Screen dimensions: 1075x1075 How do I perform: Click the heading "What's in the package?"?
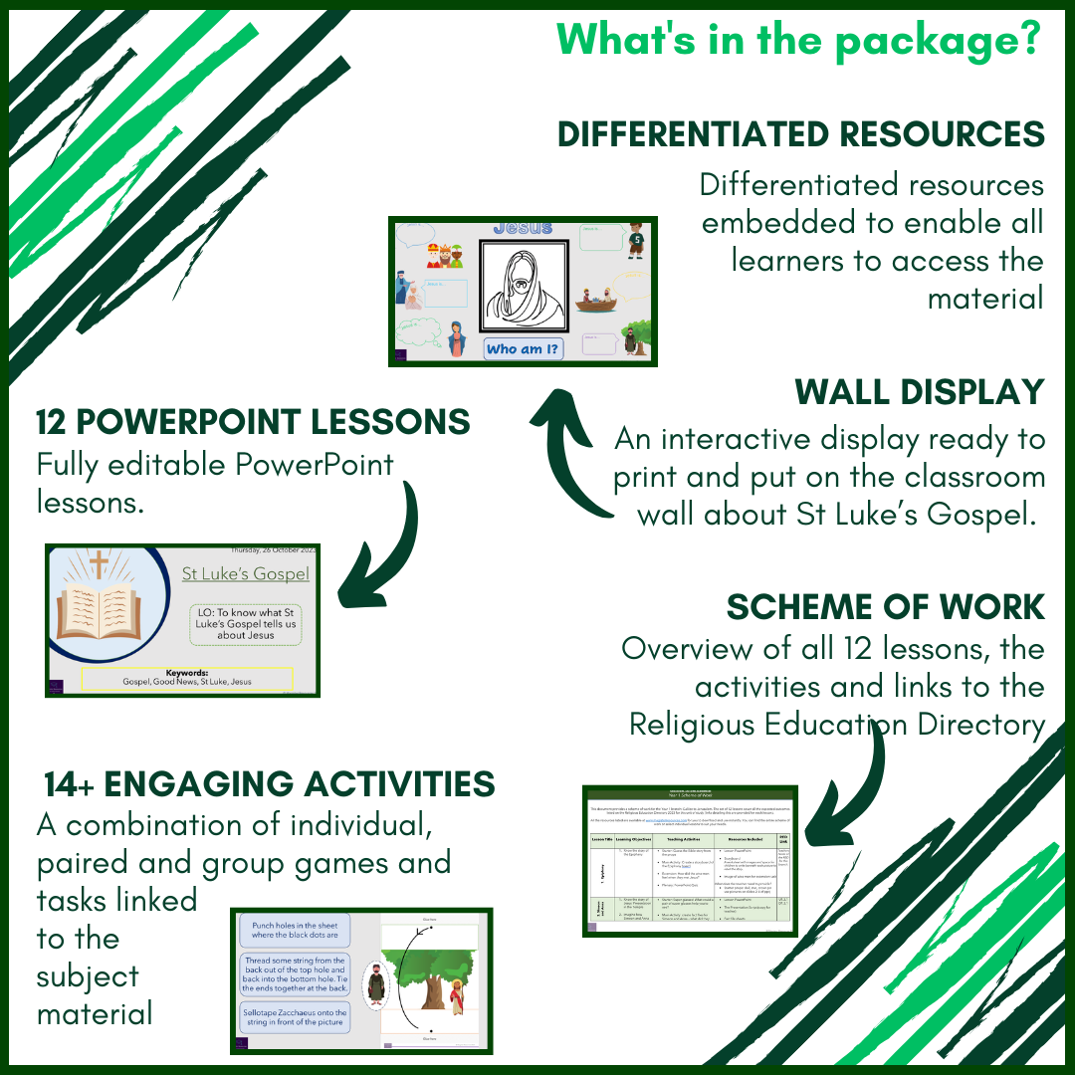point(798,39)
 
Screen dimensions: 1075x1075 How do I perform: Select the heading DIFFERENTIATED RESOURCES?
point(800,133)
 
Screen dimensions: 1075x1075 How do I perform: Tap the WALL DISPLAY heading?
point(919,392)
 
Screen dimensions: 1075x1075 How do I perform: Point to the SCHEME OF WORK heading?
point(885,606)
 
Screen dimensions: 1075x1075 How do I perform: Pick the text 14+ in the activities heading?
point(69,784)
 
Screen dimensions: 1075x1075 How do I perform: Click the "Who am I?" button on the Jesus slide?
point(523,349)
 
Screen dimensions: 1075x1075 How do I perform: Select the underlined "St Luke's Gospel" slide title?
point(245,573)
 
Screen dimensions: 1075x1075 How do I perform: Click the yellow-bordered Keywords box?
point(187,679)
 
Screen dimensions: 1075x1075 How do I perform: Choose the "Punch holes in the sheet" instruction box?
point(295,930)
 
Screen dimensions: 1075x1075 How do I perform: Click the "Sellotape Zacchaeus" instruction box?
point(295,1017)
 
